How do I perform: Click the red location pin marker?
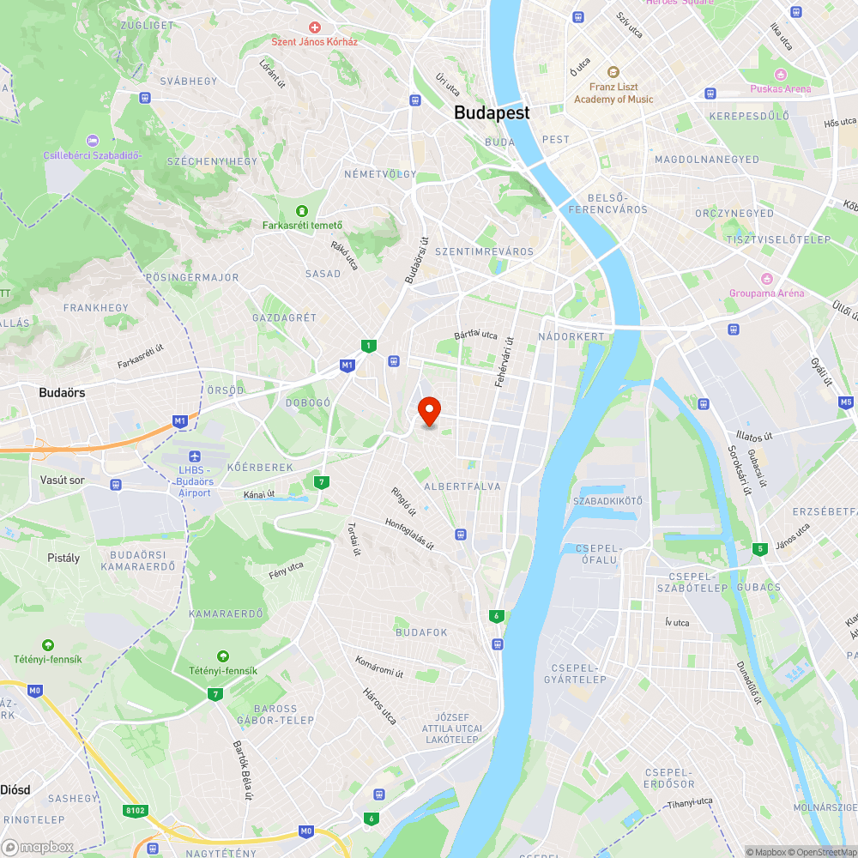(428, 410)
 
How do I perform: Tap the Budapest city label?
(492, 112)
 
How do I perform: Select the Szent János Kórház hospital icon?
(315, 27)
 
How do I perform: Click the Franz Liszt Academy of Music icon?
(613, 72)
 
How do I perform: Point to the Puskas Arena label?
(780, 88)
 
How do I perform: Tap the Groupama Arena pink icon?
(766, 278)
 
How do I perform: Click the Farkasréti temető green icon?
(301, 211)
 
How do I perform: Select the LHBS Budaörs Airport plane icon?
(194, 456)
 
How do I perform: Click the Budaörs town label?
(63, 392)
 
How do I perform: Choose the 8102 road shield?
(135, 809)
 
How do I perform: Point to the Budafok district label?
(421, 632)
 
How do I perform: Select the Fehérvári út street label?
(504, 360)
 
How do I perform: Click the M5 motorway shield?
(846, 401)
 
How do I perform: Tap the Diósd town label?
(15, 789)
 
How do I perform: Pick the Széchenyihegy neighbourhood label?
(212, 161)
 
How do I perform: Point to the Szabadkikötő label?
(607, 501)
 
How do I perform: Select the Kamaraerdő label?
(226, 613)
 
